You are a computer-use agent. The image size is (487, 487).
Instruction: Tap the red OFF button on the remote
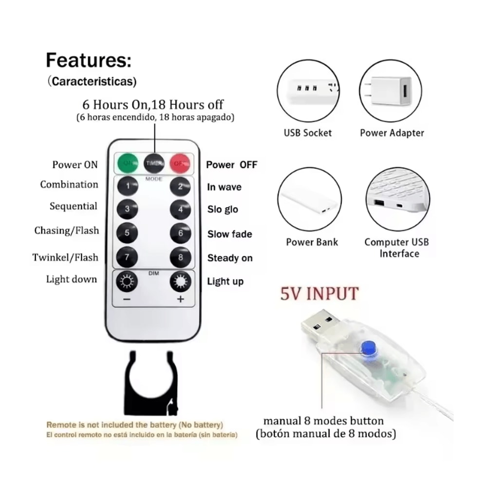pos(180,163)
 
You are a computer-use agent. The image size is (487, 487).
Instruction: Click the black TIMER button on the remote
pos(153,163)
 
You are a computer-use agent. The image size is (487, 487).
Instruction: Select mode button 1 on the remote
pos(128,186)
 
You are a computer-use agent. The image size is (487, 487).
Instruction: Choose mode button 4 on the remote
pos(180,209)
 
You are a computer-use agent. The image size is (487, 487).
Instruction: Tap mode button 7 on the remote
pos(128,257)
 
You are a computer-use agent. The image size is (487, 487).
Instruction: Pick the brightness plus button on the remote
pos(180,282)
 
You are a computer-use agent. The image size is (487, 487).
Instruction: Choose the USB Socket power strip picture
pos(309,92)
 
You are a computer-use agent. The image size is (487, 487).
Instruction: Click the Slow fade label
pos(230,234)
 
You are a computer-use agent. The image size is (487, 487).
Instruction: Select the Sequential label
pos(74,206)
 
